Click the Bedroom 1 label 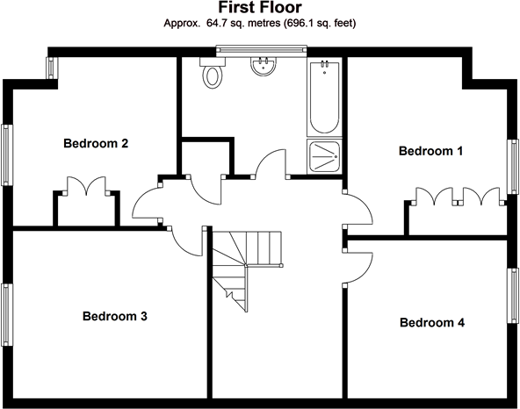pos(430,151)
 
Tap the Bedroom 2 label pos(96,144)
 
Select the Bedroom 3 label pos(115,316)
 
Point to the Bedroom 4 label pos(432,322)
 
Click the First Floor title pos(260,7)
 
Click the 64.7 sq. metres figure pos(243,23)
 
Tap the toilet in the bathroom pos(213,73)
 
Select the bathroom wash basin pos(264,67)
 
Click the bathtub pos(324,97)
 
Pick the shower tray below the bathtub pos(324,156)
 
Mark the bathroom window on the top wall pos(262,50)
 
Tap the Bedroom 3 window pos(7,314)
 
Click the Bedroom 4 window pos(513,295)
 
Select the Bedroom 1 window pos(513,167)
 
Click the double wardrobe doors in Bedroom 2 pos(87,186)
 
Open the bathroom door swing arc pos(270,163)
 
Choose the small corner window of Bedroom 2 pos(52,68)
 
